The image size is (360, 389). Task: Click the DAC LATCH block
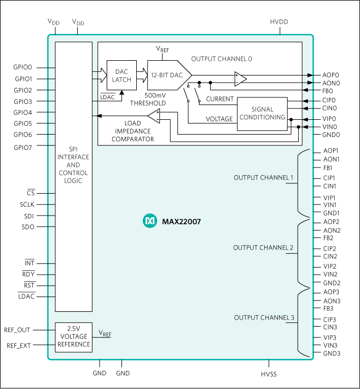pos(121,76)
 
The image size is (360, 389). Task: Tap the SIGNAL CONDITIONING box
pos(263,114)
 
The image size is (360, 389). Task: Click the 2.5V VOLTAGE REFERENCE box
pos(74,337)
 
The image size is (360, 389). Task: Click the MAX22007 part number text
pos(178,222)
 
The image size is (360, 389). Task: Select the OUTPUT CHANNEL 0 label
pos(222,59)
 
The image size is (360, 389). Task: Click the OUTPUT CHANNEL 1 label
pos(263,178)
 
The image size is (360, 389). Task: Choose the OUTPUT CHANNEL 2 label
pos(263,248)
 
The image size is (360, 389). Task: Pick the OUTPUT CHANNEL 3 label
pos(264,318)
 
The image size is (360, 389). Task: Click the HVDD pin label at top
pos(278,22)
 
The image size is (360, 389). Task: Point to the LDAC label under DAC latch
pos(108,97)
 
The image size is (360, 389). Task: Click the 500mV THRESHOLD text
pos(148,99)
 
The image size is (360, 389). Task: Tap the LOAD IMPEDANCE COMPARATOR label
pos(132,131)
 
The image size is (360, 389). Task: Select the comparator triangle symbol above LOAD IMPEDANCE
pos(155,115)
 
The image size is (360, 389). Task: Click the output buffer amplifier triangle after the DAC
pos(240,79)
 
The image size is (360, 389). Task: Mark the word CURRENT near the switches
pos(220,99)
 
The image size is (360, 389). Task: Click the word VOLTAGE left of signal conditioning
pos(219,119)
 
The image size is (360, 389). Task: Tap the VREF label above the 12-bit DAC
pos(162,49)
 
